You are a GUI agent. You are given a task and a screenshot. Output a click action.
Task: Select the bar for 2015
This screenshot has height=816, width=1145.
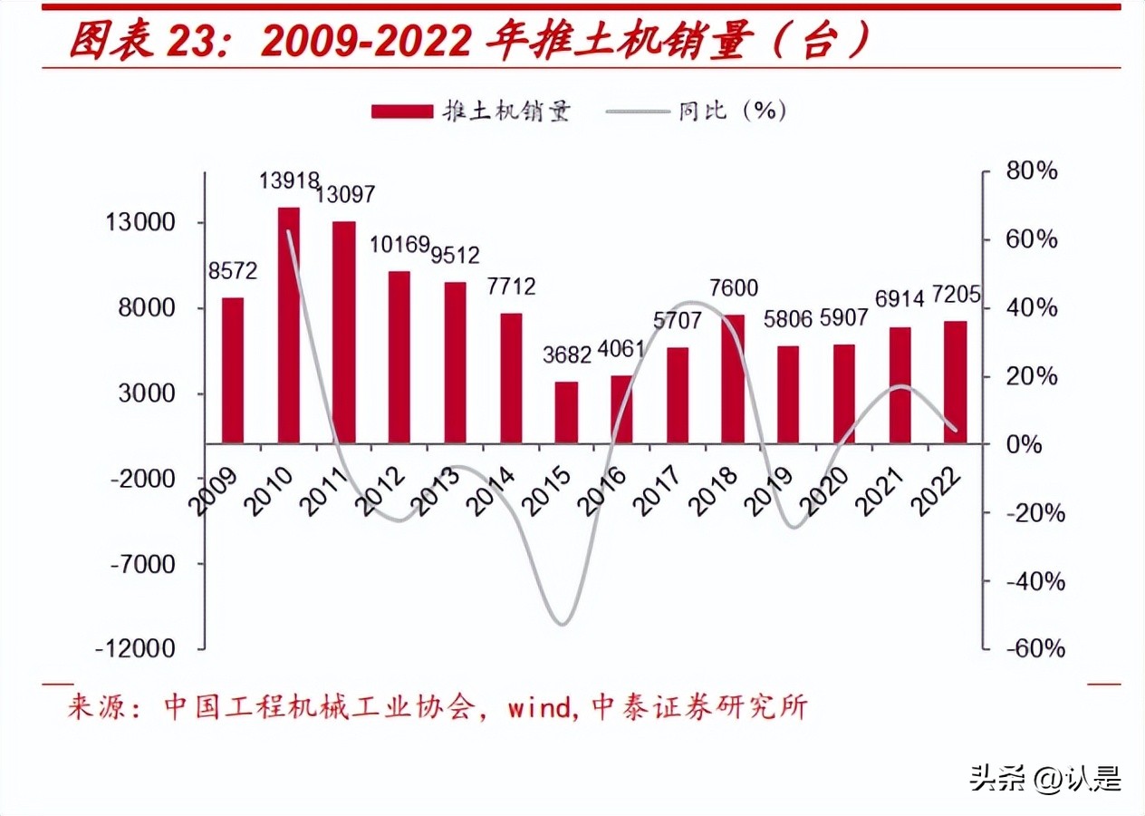(566, 413)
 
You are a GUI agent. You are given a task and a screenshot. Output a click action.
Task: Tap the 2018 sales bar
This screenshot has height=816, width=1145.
(733, 379)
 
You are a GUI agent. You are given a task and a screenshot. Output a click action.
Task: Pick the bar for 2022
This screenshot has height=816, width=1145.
(955, 382)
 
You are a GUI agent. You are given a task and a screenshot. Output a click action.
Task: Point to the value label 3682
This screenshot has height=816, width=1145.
(565, 355)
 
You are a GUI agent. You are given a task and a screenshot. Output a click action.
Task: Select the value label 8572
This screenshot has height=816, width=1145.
(233, 270)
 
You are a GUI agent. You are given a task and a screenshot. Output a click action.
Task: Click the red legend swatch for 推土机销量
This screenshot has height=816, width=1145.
(402, 111)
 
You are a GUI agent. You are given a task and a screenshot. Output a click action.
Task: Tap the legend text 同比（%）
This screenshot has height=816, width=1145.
(732, 111)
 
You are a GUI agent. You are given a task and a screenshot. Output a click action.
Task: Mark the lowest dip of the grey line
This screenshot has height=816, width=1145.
(562, 624)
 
